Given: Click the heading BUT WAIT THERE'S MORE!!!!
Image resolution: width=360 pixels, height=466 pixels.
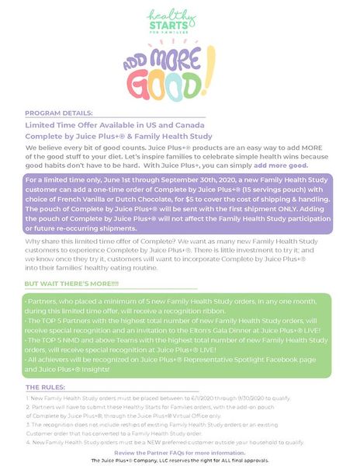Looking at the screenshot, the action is point(72,283).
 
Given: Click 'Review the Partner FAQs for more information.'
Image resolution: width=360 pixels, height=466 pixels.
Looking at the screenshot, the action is point(180,452).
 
